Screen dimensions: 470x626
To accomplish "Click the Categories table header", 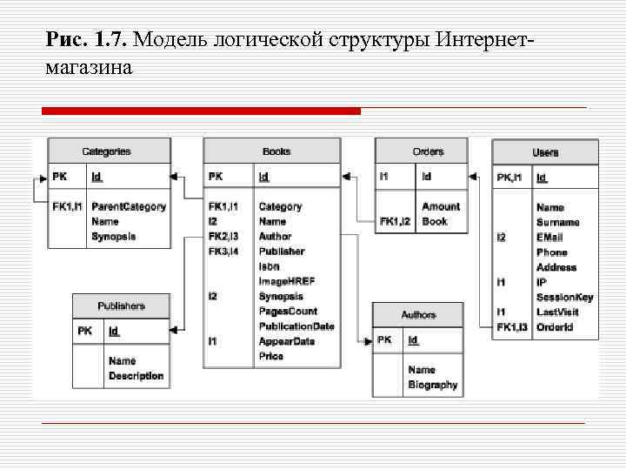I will pyautogui.click(x=106, y=151).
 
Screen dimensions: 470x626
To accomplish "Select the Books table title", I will pyautogui.click(x=276, y=151).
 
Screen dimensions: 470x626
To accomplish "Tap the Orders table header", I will pyautogui.click(x=428, y=151).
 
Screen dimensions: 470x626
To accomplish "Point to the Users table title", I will pyautogui.click(x=545, y=152).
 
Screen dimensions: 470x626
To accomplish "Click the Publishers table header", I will pyautogui.click(x=121, y=306).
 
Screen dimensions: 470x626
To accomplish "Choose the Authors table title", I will pyautogui.click(x=418, y=314).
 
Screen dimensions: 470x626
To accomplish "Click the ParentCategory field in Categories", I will pyautogui.click(x=129, y=207).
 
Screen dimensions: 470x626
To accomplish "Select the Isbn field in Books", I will pyautogui.click(x=270, y=266).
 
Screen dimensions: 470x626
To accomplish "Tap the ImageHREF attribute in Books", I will pyautogui.click(x=287, y=281).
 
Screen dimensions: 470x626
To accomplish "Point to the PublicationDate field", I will pyautogui.click(x=296, y=326).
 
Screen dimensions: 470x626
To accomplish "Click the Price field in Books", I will pyautogui.click(x=271, y=356).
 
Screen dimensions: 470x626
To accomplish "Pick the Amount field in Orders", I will pyautogui.click(x=441, y=206).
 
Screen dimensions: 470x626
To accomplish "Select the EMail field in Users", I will pyautogui.click(x=549, y=238).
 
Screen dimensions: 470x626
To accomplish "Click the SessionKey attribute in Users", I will pyautogui.click(x=565, y=298).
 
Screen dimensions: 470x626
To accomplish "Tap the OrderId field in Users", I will pyautogui.click(x=555, y=327).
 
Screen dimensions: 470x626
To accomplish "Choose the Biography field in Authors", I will pyautogui.click(x=433, y=385).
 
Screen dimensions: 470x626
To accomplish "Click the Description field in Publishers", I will pyautogui.click(x=136, y=376).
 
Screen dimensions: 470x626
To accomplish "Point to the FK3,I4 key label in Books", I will pyautogui.click(x=223, y=252).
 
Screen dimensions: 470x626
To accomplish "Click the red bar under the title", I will pyautogui.click(x=201, y=111).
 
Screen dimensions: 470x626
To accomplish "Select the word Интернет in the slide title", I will pyautogui.click(x=483, y=41).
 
